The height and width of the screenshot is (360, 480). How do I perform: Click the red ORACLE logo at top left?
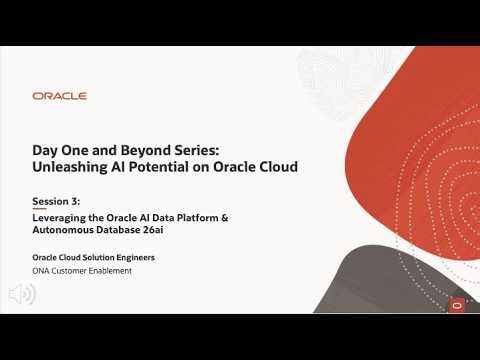59,96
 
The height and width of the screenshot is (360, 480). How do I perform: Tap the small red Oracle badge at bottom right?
457,304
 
